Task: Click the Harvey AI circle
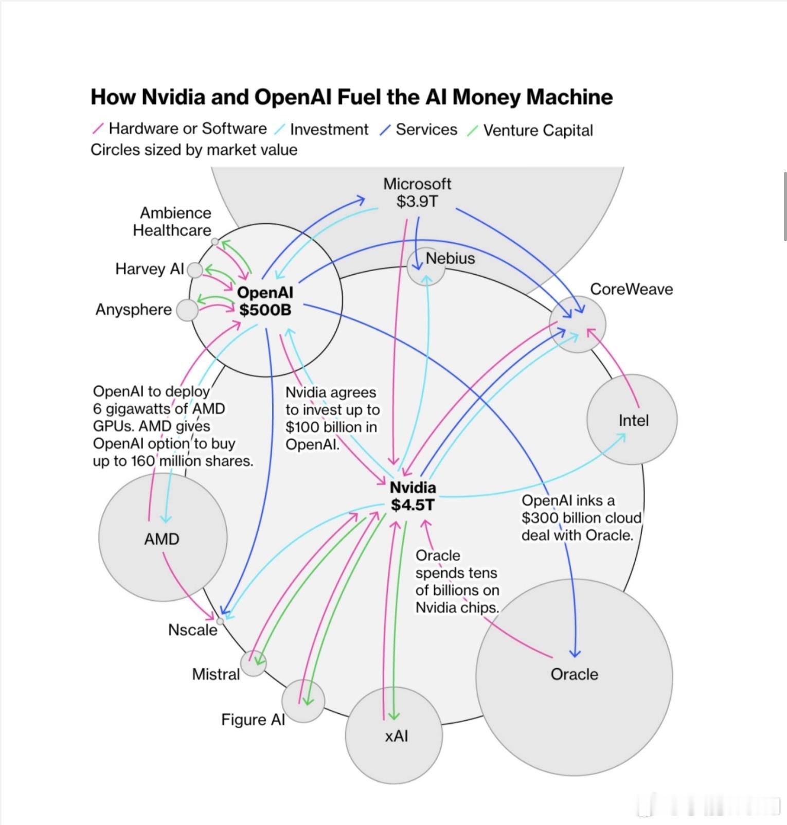[x=195, y=270]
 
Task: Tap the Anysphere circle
[x=187, y=310]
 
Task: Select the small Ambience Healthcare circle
[x=214, y=241]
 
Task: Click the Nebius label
[x=450, y=258]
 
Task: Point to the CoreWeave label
[x=631, y=289]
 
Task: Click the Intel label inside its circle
[x=633, y=421]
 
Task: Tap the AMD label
[x=162, y=539]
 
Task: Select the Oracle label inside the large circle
[x=574, y=674]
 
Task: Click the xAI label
[x=396, y=736]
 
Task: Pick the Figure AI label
[x=253, y=720]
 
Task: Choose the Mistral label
[x=216, y=674]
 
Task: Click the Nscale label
[x=192, y=630]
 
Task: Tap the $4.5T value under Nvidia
[x=413, y=505]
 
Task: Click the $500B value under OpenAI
[x=265, y=310]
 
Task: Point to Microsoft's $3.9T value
[x=417, y=201]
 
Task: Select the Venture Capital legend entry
[x=538, y=131]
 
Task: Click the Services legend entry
[x=426, y=130]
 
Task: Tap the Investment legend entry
[x=329, y=130]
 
